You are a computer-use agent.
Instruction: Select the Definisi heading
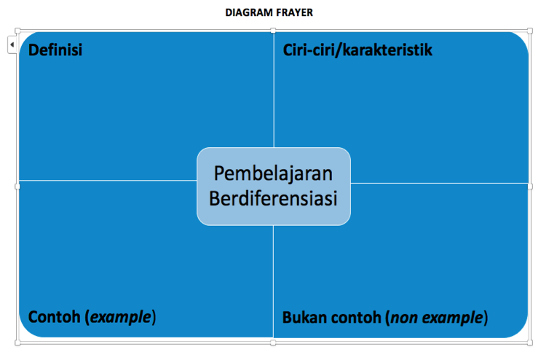click(x=55, y=50)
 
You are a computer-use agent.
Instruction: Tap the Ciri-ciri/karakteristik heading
click(x=357, y=50)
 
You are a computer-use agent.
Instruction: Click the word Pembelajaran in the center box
click(x=273, y=174)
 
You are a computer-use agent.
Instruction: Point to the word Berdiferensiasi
click(x=273, y=198)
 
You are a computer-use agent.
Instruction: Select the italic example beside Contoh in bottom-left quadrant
click(x=121, y=317)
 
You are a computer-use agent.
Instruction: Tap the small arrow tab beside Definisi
click(x=12, y=44)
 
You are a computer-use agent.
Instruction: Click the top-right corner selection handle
click(x=529, y=31)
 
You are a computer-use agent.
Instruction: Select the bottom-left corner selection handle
click(x=17, y=343)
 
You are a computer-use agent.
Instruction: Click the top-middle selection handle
click(x=273, y=31)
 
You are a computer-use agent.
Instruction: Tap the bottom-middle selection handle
click(x=273, y=343)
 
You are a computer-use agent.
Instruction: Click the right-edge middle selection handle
click(x=529, y=187)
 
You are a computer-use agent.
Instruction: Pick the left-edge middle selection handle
click(x=17, y=187)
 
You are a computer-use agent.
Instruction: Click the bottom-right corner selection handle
click(x=529, y=343)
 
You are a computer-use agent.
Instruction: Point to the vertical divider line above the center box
click(x=274, y=90)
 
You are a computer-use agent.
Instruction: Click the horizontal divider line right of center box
click(x=440, y=184)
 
